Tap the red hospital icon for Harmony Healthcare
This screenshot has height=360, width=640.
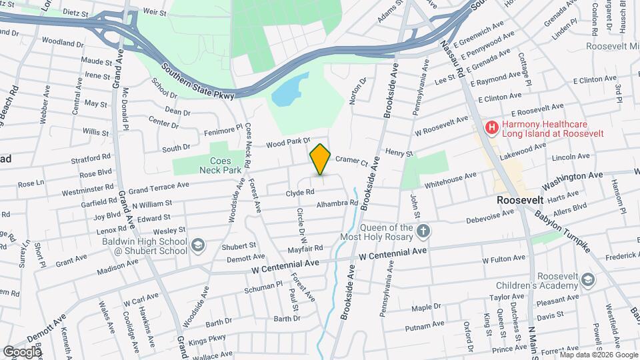click(x=492, y=127)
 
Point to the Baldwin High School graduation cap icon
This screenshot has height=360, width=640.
click(x=198, y=246)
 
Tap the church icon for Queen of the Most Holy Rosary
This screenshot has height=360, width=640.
click(x=423, y=231)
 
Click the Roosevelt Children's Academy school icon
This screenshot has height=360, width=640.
click(x=587, y=279)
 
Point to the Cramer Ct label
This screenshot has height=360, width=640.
click(x=351, y=160)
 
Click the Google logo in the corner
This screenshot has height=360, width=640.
click(x=21, y=351)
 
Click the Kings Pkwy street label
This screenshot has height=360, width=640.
click(x=207, y=341)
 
